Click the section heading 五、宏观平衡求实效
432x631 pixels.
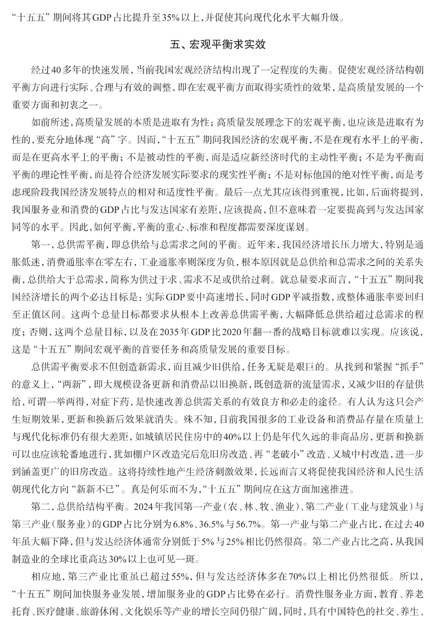coord(218,44)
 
